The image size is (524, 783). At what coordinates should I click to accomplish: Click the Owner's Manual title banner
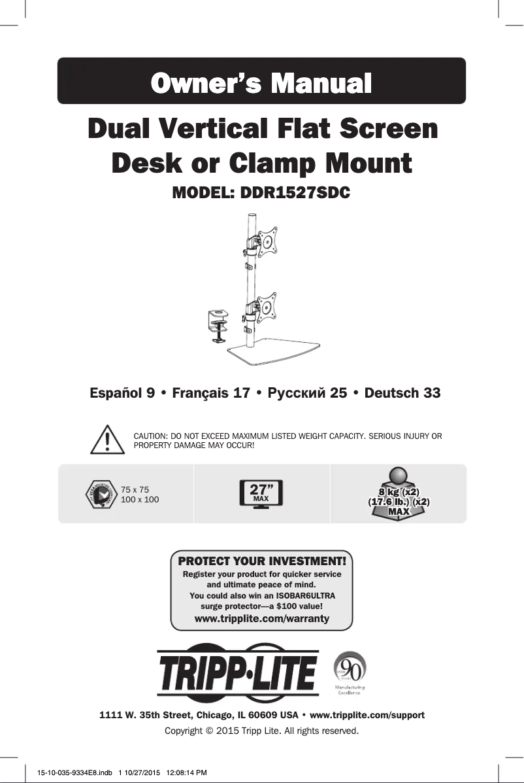pos(262,81)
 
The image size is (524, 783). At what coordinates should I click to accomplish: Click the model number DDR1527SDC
pos(295,192)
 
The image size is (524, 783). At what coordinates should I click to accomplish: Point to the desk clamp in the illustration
pos(218,326)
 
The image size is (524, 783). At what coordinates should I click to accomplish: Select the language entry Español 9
pos(122,393)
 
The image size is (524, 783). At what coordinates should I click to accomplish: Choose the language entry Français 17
pos(211,393)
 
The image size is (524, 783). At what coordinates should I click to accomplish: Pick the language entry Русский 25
pos(307,393)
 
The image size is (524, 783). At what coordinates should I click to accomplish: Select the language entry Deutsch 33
pos(402,393)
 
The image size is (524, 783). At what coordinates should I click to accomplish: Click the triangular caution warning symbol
pos(107,440)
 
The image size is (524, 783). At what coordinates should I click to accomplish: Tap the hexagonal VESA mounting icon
pos(102,495)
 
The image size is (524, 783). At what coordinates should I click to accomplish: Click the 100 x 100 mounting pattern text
pos(140,499)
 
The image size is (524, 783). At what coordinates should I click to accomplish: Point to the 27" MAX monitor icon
pos(261,494)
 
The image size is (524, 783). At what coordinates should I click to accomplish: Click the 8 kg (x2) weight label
pos(399,493)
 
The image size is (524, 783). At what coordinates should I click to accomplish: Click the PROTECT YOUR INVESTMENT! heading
pos(262,561)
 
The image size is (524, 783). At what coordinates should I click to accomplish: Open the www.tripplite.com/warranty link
pos(262,618)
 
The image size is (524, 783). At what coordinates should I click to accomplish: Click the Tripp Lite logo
pos(238,672)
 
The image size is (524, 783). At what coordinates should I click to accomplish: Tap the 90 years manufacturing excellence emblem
pos(350,672)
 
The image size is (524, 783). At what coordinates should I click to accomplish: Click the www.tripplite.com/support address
pos(367,715)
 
